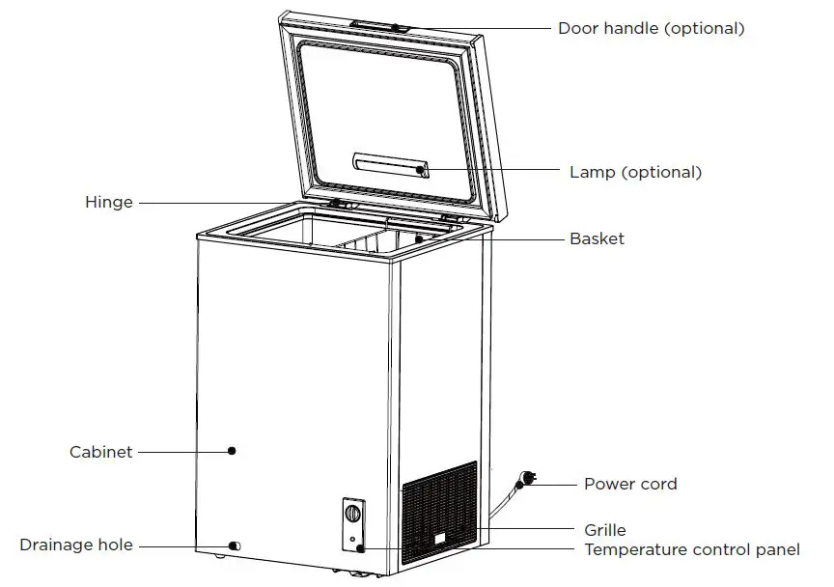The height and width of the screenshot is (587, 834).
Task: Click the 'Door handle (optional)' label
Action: point(651,29)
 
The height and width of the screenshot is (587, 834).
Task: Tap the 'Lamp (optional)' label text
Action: point(635,173)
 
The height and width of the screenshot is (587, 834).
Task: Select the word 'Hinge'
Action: point(109,203)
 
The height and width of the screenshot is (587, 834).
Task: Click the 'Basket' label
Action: point(597,238)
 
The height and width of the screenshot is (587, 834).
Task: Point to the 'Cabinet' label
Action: point(101,451)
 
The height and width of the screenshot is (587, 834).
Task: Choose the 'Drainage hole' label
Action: point(76,545)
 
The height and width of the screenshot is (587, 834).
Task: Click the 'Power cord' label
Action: point(630,484)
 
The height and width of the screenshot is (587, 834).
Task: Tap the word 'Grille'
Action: point(605,530)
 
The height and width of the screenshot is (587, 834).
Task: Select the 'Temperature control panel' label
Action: point(692,550)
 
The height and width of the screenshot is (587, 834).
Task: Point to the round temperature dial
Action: point(353,514)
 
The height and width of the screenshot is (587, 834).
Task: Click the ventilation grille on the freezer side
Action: point(439,512)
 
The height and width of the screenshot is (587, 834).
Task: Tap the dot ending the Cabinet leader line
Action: point(233,450)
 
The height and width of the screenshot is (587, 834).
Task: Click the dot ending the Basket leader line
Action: point(419,238)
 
